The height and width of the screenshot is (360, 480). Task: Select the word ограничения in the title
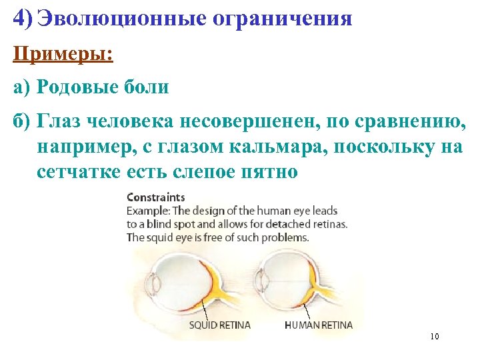(x=282, y=18)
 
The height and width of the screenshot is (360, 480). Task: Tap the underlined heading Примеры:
(x=63, y=53)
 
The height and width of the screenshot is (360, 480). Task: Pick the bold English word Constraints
(x=156, y=198)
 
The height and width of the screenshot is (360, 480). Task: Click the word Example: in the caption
(x=148, y=211)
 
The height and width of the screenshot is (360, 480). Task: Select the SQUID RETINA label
(x=219, y=325)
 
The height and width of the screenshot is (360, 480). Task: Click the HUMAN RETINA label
(x=319, y=325)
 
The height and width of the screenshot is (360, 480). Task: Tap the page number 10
(x=435, y=336)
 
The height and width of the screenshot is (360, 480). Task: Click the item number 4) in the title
(x=23, y=18)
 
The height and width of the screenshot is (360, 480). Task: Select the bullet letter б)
(x=23, y=121)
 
